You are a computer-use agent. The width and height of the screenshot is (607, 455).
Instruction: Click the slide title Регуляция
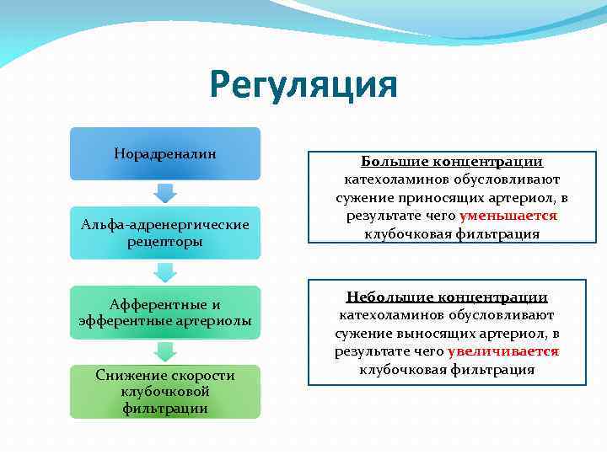[303, 86]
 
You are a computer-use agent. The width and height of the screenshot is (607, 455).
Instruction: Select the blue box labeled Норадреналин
[165, 153]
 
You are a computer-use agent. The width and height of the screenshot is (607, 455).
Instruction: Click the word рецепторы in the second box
[165, 242]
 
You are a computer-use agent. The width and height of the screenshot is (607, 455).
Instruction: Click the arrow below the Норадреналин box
[165, 192]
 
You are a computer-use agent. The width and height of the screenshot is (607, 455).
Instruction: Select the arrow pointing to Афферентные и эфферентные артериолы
[165, 272]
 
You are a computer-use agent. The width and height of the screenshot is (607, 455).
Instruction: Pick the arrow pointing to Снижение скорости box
[165, 351]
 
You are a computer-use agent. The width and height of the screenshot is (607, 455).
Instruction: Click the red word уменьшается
[508, 216]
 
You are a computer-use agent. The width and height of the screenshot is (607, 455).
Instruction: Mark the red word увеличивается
[503, 351]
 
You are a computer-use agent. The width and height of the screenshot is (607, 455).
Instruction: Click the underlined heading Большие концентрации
[452, 162]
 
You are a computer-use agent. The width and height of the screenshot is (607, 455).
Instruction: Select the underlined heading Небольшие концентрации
[447, 297]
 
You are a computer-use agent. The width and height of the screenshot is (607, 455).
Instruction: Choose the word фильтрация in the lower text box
[492, 370]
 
